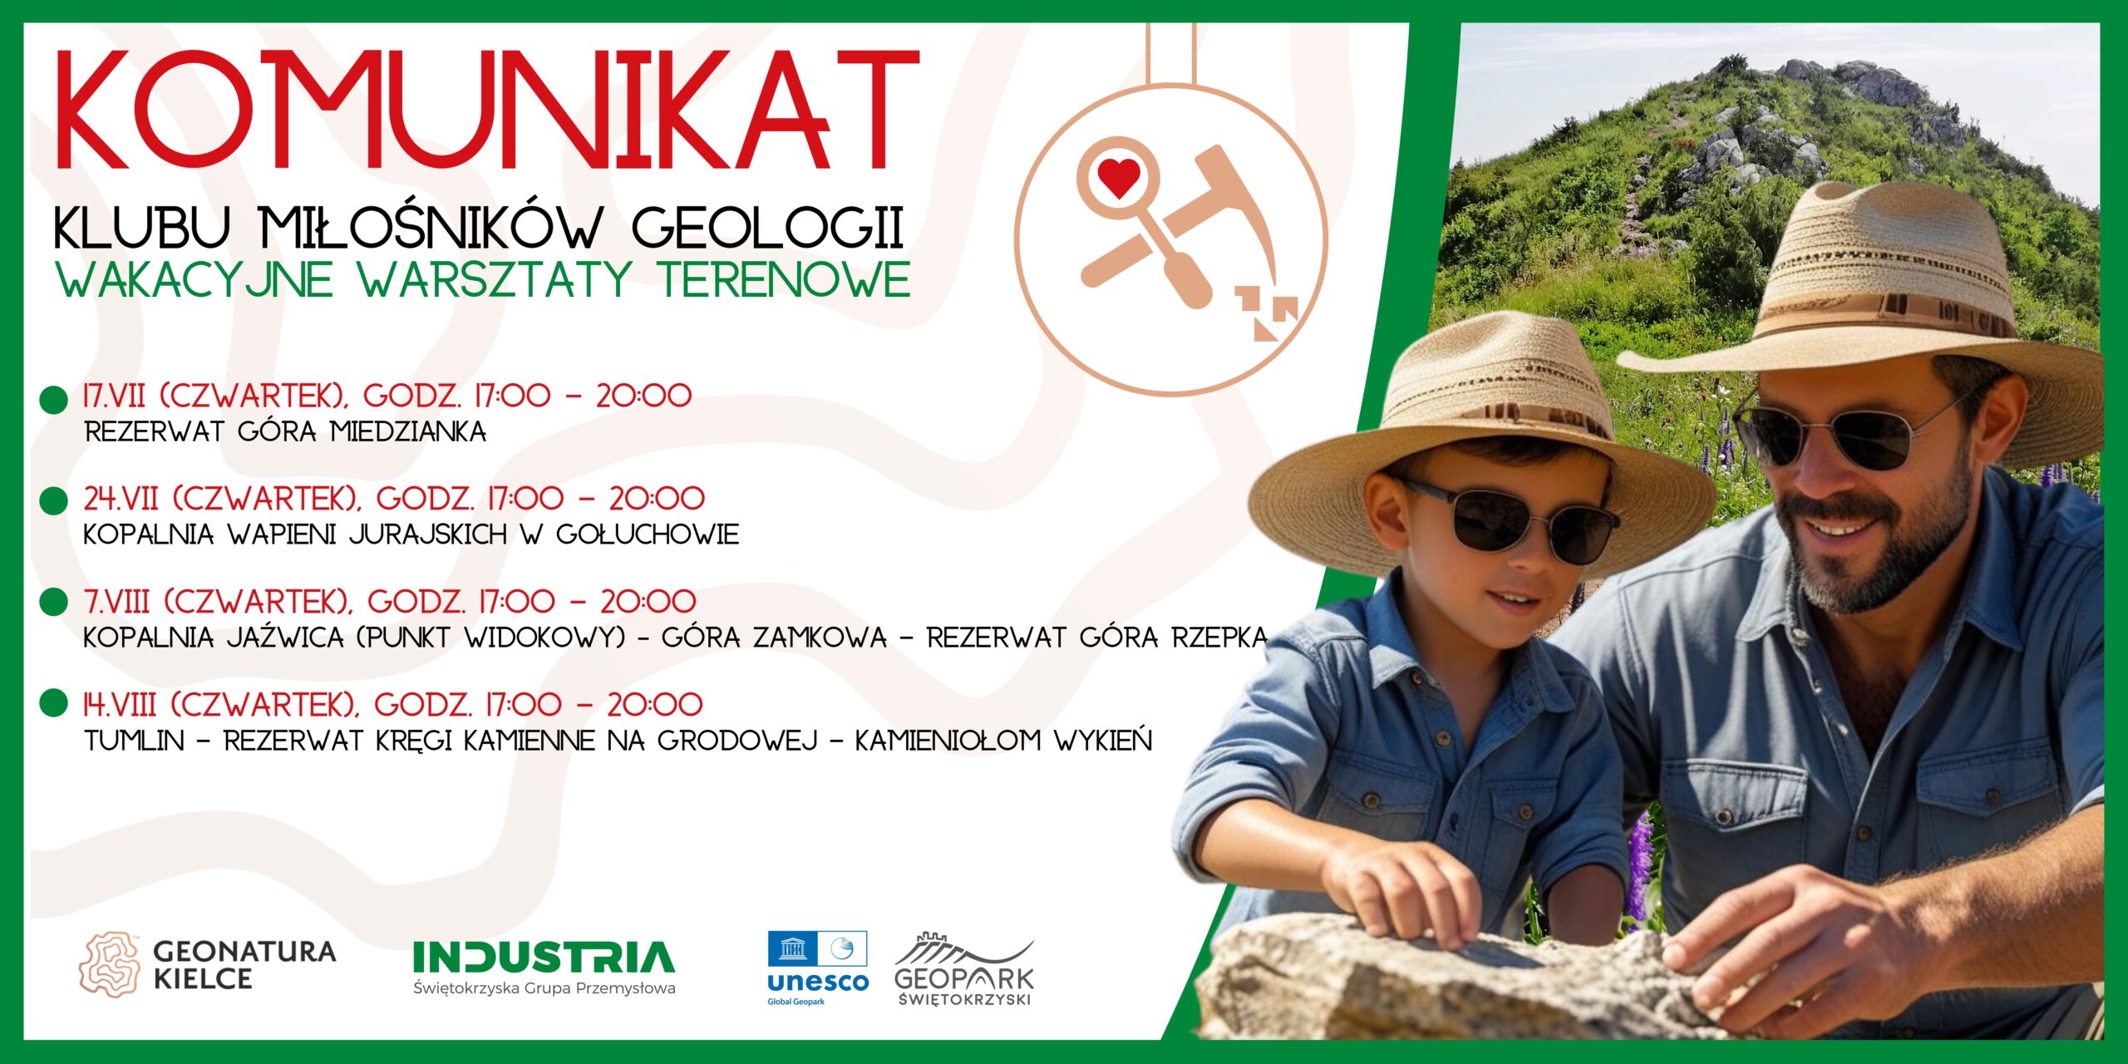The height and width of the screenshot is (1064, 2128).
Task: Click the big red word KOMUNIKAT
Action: point(487,110)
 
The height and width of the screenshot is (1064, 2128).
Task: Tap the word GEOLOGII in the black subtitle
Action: point(768,227)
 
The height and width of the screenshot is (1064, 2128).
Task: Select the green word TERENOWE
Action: point(785,279)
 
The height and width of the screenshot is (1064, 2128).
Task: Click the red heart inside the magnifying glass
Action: point(1119,177)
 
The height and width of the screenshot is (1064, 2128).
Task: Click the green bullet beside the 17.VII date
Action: point(54,399)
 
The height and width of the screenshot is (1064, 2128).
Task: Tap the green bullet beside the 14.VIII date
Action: point(54,702)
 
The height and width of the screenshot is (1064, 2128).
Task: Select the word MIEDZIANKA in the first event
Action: point(408,432)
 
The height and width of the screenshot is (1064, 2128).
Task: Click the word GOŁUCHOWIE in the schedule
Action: point(648,534)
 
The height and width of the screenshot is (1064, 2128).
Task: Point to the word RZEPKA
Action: point(1219,638)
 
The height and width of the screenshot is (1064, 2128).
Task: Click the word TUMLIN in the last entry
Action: point(134,741)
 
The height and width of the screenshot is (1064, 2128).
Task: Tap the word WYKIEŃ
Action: point(1103,739)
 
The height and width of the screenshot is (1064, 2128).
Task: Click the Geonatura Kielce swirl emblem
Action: point(110,964)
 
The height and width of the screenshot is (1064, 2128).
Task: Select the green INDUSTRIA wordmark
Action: point(544,957)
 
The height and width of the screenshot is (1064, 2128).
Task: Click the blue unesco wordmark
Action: point(817,983)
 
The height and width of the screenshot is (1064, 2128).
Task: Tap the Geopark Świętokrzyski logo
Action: point(964,969)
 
